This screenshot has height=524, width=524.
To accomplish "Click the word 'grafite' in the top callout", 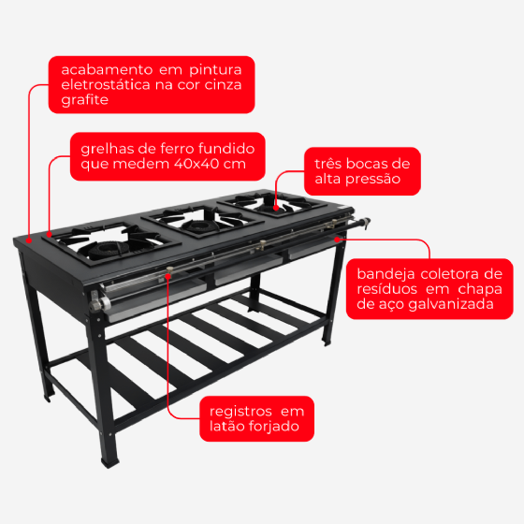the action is (x=84, y=100).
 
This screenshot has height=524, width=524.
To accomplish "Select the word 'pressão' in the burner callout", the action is (x=372, y=179).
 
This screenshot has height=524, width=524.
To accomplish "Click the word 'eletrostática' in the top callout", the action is (x=106, y=84).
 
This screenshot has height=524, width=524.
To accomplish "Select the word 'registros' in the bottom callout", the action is (x=240, y=412).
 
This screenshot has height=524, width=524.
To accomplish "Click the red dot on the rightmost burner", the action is (x=276, y=208).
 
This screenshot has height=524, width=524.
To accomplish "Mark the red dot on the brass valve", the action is (x=168, y=276).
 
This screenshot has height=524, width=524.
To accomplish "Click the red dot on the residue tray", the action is (x=337, y=240).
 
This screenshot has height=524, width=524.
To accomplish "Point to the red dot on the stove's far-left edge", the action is (x=29, y=240).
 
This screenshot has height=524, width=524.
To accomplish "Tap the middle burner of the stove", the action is (x=198, y=226).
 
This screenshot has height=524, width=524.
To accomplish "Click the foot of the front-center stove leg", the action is (x=110, y=462).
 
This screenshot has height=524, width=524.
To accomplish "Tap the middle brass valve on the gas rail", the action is (x=263, y=245).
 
